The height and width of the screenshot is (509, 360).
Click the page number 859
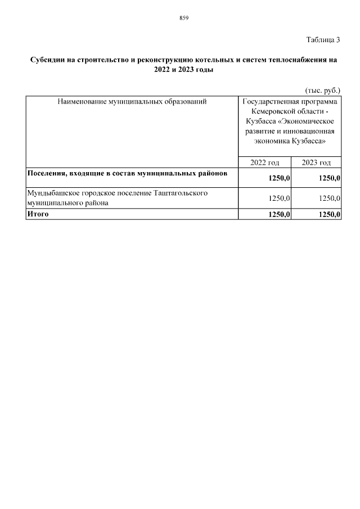coord(183,18)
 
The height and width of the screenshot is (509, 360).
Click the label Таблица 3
coord(323,40)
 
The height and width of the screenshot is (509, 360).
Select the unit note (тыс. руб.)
coord(322,90)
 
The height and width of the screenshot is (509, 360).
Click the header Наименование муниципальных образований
coord(132,102)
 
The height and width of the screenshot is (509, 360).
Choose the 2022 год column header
coord(265,163)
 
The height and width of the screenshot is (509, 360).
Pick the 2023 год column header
coord(316,163)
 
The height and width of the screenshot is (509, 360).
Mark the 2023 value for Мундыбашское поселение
coord(330,198)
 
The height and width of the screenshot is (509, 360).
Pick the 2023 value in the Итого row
coord(330,214)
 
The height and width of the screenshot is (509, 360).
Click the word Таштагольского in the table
coord(181,193)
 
